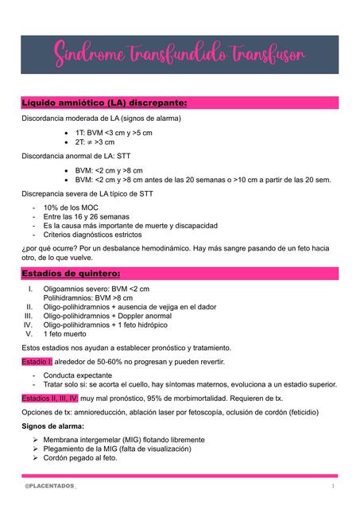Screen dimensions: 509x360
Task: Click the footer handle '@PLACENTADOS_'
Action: [x=52, y=484]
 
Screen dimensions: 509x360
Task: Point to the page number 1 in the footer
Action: [x=333, y=484]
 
